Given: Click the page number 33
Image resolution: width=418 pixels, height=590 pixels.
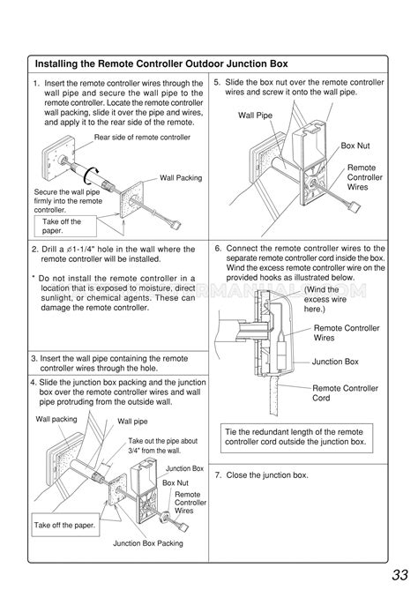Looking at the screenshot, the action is click(399, 575).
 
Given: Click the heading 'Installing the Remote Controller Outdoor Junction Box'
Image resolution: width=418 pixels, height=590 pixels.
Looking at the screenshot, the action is click(161, 63).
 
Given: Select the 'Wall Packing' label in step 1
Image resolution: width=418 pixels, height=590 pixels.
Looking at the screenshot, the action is click(181, 178).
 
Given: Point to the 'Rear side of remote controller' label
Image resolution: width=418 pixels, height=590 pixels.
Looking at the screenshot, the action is click(142, 138).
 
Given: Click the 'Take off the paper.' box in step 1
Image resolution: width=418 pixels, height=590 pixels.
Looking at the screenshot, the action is click(65, 226).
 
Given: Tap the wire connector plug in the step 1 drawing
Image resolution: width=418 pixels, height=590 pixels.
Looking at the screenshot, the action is click(175, 225).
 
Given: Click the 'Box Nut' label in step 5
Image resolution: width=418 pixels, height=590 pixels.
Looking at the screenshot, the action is click(355, 146).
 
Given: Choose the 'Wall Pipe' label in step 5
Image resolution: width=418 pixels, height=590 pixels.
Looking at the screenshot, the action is click(255, 116).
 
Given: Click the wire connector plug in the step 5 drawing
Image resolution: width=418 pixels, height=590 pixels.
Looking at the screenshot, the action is click(355, 207).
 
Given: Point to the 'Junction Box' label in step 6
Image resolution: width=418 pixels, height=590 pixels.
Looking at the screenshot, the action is click(335, 362).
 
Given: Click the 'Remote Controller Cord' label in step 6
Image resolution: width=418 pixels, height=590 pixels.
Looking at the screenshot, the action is click(345, 392).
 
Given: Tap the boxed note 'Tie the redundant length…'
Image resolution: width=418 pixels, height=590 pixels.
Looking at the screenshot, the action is click(296, 438).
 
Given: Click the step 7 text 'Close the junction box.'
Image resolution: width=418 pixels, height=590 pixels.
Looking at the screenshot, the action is click(266, 475).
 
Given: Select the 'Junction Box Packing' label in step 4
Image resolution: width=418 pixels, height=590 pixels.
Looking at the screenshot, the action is click(148, 543).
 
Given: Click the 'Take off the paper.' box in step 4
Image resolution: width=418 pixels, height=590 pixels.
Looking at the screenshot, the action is click(65, 525).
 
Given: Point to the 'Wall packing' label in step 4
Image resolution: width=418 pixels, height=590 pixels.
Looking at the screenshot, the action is click(56, 419).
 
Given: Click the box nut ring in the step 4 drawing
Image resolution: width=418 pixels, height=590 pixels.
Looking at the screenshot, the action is click(164, 517).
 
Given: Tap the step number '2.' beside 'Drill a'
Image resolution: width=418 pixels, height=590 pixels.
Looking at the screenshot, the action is click(35, 250).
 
